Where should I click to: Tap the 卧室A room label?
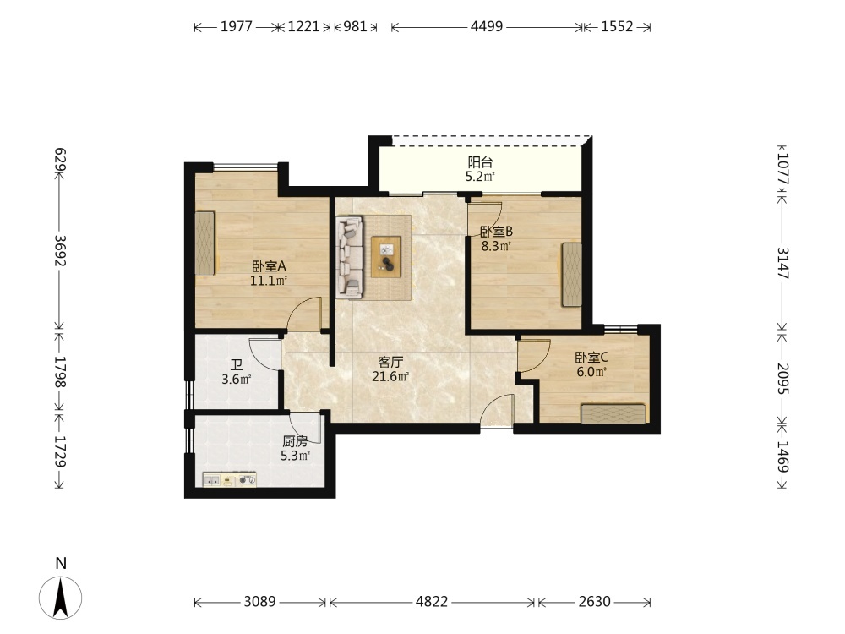(269, 266)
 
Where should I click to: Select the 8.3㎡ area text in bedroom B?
(496, 246)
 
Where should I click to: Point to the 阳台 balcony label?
(480, 162)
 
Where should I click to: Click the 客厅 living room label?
(390, 362)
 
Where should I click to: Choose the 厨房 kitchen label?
(295, 441)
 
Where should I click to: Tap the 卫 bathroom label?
(237, 365)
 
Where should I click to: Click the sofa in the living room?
(349, 257)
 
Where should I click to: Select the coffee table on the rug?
(386, 257)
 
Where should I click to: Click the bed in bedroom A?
(204, 243)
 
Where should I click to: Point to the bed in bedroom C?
(613, 413)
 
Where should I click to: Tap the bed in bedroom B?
(572, 274)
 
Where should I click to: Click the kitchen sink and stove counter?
(230, 479)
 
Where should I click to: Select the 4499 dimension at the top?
(487, 26)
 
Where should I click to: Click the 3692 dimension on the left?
(60, 250)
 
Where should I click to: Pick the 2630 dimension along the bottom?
(594, 601)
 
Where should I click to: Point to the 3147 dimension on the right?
(783, 263)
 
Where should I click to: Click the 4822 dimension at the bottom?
(432, 601)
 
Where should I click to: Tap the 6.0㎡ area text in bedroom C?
(591, 371)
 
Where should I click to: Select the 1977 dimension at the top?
(236, 26)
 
